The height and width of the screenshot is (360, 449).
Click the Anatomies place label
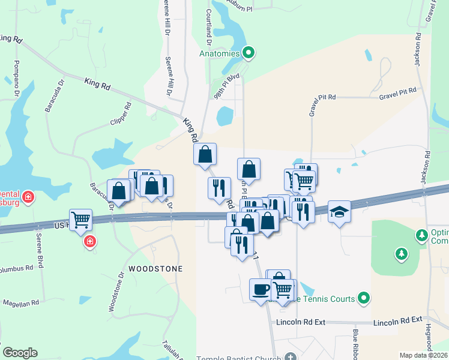(220, 53)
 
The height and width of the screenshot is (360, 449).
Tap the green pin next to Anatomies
(249, 53)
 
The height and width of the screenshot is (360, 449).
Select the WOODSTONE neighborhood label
(154, 269)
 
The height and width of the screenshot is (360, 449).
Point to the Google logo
(20, 353)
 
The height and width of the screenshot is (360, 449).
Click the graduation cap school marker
(340, 212)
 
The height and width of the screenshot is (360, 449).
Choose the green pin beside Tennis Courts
(363, 298)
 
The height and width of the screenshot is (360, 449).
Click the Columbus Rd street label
(17, 268)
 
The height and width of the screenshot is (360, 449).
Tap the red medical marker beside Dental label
(28, 196)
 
